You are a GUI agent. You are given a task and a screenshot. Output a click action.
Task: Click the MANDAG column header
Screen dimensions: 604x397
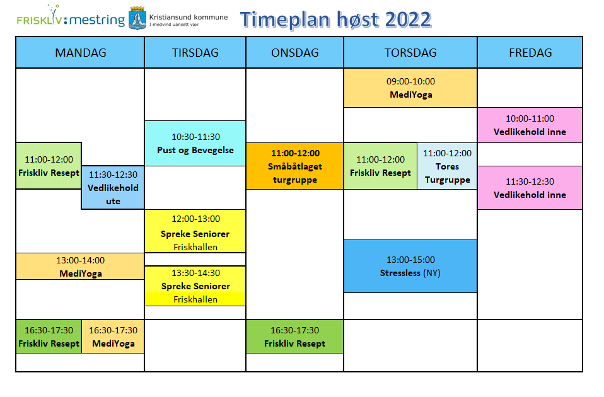click(80, 52)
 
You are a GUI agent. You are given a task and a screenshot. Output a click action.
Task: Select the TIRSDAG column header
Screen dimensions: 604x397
click(195, 52)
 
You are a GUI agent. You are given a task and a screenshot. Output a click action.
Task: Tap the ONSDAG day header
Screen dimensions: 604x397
click(294, 52)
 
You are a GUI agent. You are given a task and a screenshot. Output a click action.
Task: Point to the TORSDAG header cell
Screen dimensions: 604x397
click(410, 52)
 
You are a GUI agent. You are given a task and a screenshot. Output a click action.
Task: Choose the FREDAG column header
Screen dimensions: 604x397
click(530, 52)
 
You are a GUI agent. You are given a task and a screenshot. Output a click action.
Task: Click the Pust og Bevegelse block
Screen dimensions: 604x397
click(195, 143)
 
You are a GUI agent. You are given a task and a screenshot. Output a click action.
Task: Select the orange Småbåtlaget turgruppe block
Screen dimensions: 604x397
click(294, 166)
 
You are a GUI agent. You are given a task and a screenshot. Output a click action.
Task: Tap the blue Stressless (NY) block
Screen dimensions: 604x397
click(410, 266)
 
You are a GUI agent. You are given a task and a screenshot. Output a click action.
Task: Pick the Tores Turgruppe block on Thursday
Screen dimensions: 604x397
click(447, 166)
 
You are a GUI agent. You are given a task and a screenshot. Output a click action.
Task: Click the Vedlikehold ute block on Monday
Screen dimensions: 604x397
click(113, 188)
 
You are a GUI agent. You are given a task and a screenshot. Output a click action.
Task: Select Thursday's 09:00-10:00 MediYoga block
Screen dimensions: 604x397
click(410, 88)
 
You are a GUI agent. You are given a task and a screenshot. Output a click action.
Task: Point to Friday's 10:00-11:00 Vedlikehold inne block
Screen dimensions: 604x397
click(530, 125)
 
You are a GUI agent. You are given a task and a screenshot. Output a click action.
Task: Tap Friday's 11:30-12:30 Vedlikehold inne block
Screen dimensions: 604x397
click(530, 188)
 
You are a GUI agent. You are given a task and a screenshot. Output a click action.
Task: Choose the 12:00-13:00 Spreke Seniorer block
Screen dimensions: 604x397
click(195, 231)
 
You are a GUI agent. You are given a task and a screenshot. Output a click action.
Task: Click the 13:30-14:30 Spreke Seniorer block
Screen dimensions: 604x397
click(195, 286)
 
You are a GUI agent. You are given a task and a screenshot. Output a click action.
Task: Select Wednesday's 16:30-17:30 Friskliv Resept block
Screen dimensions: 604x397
click(294, 337)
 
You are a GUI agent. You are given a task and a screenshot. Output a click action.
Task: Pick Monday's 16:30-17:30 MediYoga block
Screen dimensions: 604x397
click(113, 337)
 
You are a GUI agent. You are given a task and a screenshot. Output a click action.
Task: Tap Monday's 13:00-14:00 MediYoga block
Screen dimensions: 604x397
click(80, 267)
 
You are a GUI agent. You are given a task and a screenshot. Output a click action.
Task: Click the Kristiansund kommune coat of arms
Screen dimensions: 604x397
click(137, 18)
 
